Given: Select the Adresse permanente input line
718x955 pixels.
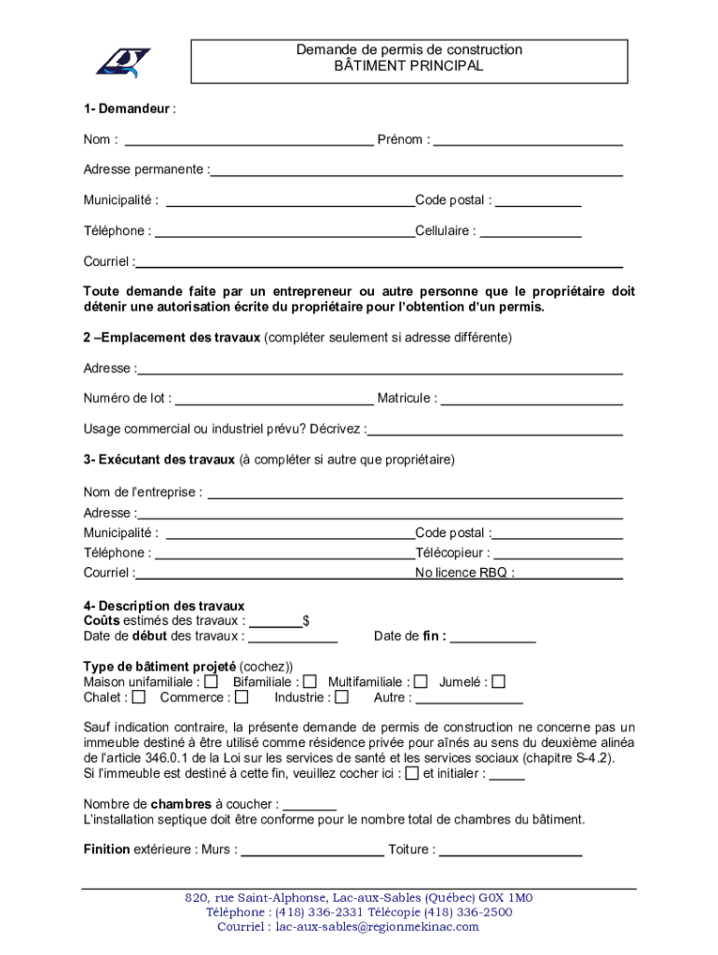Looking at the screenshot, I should [x=417, y=173].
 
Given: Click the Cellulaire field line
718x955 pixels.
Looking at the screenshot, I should [x=532, y=234].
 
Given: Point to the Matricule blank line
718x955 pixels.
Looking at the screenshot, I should [x=532, y=402].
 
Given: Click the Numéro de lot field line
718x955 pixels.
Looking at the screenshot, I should [x=274, y=402].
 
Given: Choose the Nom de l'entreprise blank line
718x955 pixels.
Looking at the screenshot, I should [x=414, y=495].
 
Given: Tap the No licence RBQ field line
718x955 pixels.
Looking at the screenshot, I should [x=570, y=576].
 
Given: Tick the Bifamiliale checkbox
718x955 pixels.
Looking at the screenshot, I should [x=311, y=682].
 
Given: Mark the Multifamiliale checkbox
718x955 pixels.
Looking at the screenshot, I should [x=421, y=682].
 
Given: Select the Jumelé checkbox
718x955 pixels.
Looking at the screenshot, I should [x=499, y=682].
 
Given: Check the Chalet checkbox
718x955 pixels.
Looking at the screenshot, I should [x=139, y=697].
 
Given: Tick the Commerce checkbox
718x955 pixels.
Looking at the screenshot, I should [x=242, y=697].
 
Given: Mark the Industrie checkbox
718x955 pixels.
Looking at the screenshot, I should [x=342, y=697].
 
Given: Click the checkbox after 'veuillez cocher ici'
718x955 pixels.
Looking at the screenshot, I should [x=412, y=773].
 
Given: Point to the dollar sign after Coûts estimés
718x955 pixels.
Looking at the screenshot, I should [x=307, y=620].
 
